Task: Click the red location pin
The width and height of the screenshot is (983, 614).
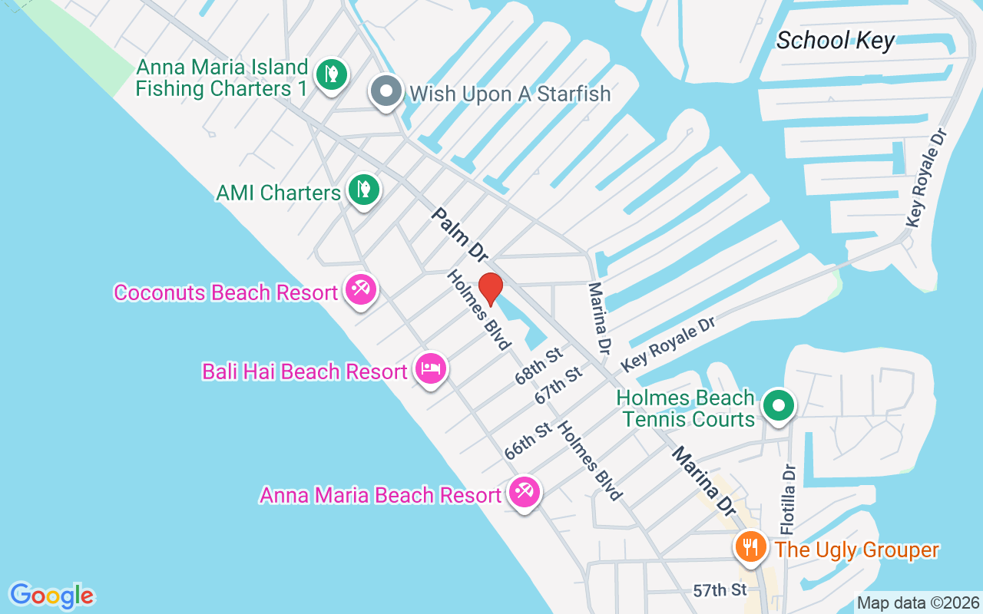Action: [x=490, y=289]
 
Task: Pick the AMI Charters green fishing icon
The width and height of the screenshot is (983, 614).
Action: [x=362, y=190]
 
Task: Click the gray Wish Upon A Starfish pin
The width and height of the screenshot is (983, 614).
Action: [x=386, y=92]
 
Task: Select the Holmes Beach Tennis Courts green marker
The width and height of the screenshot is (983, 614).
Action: [x=779, y=404]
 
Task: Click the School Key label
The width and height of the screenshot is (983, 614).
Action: [x=835, y=40]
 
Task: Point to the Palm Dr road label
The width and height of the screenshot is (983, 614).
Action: [x=459, y=234]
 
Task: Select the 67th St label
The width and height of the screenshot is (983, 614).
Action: [x=558, y=385]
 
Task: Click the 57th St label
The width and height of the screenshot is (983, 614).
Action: [x=720, y=590]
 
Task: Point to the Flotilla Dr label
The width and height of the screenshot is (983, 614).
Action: [x=789, y=500]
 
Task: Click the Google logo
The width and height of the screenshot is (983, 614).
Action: [x=51, y=596]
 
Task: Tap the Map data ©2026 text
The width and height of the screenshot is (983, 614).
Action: [x=918, y=603]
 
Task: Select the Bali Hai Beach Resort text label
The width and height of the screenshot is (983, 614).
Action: [x=304, y=371]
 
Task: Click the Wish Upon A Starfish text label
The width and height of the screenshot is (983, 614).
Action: [x=510, y=94]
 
